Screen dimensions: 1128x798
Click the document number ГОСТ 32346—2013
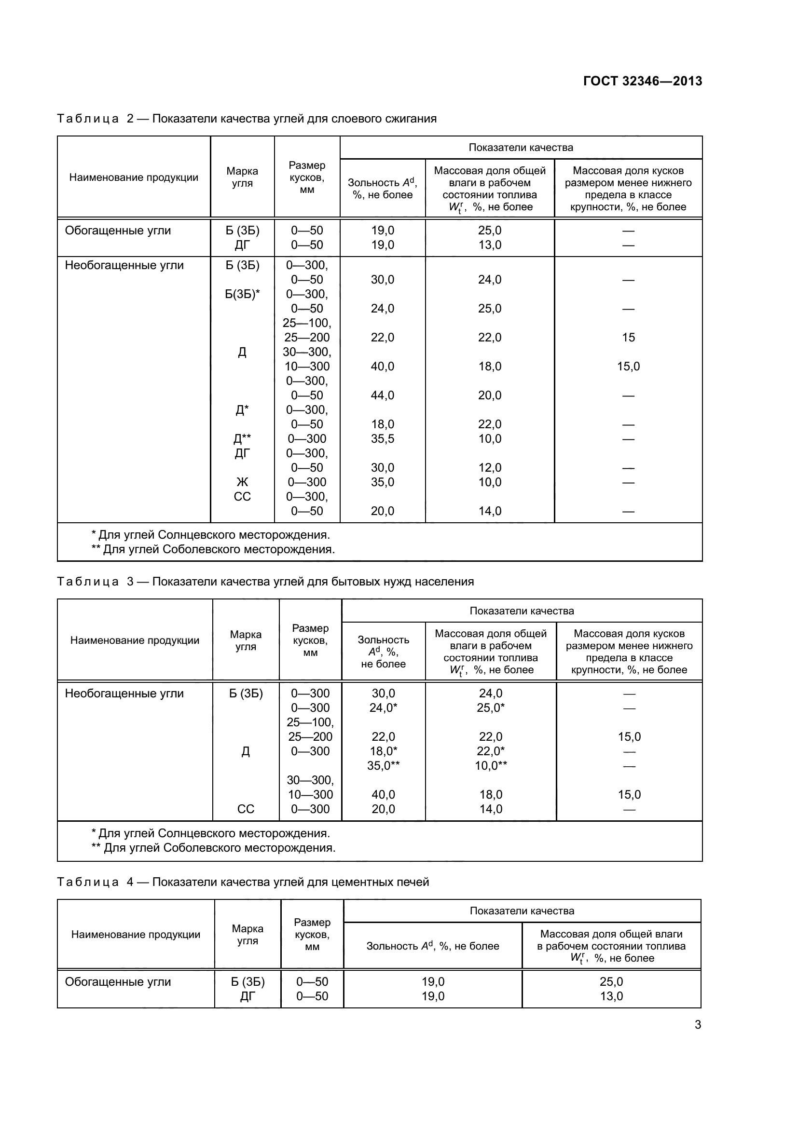pos(642,81)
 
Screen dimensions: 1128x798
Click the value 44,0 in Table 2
pos(382,395)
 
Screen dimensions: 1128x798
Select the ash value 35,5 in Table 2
pos(382,439)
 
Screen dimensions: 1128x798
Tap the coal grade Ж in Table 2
pos(242,482)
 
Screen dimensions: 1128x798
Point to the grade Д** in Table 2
pos(242,439)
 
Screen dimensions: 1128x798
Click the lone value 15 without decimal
pos(628,338)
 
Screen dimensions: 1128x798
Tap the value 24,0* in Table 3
pos(383,708)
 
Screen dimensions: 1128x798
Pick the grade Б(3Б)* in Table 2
pos(242,294)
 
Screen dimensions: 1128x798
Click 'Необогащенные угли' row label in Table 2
pos(124,265)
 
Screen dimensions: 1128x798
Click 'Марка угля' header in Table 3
pos(246,640)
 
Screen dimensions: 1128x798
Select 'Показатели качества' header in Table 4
pos(522,911)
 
